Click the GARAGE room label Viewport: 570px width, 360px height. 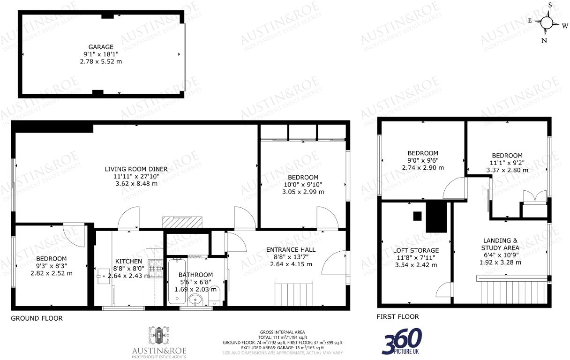pos(101,47)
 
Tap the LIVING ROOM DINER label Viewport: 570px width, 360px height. pos(136,169)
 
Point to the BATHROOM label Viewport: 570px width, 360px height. pos(195,275)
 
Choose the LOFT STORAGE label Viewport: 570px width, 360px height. pos(416,250)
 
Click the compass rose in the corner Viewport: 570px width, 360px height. pos(547,22)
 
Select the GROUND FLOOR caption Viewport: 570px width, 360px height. pos(37,318)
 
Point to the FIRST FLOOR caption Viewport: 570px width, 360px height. pos(398,317)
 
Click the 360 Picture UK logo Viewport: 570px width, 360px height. pos(402,341)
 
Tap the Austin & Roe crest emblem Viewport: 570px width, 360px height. pos(158,336)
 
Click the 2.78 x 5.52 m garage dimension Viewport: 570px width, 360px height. pos(101,61)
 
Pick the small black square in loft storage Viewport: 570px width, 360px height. pos(417,216)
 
